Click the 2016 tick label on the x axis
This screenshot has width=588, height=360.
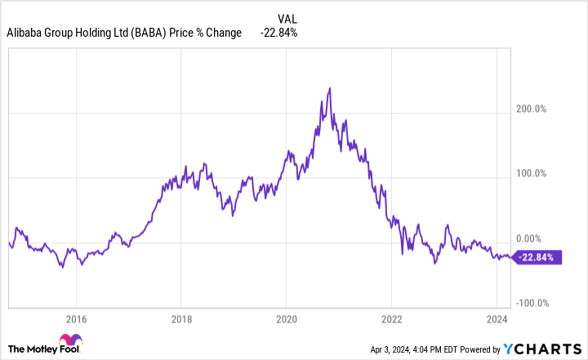(76, 318)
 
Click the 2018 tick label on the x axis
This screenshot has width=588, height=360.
(181, 318)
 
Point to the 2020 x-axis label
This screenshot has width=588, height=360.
(287, 318)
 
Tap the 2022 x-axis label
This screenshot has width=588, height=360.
(392, 318)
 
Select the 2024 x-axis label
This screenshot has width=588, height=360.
(497, 318)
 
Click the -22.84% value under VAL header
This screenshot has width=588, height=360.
(279, 33)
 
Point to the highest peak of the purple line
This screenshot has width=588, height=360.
(329, 88)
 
